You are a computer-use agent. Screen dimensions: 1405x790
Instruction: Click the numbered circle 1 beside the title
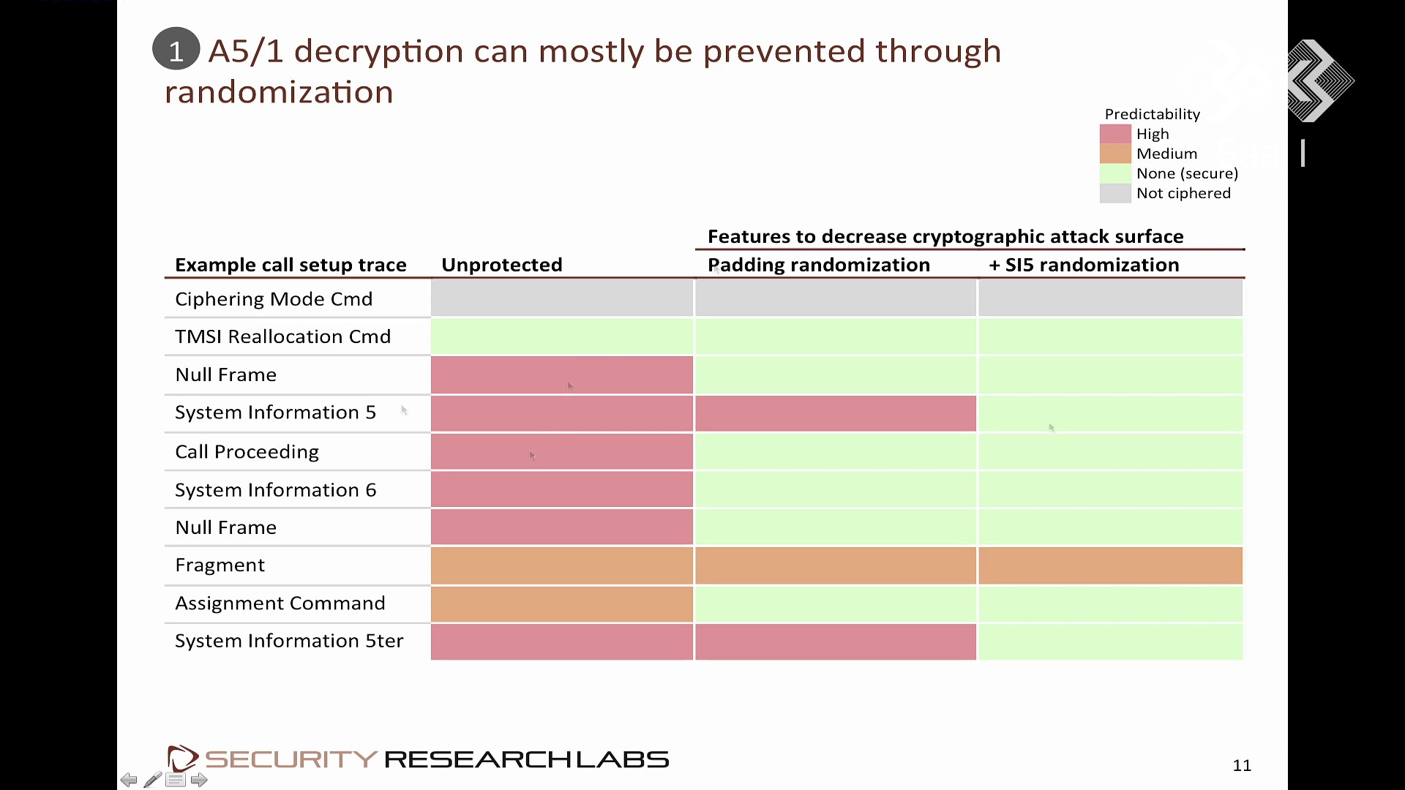click(x=176, y=49)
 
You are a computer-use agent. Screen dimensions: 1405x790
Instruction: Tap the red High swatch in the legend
click(x=1115, y=134)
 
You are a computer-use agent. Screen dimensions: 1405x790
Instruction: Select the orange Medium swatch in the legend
click(x=1115, y=154)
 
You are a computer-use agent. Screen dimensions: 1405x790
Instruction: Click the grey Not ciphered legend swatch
click(x=1115, y=193)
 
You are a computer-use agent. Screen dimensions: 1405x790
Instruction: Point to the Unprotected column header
click(x=502, y=265)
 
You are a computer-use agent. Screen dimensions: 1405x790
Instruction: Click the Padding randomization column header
click(x=819, y=265)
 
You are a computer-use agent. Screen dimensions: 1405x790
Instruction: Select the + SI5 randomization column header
click(x=1084, y=265)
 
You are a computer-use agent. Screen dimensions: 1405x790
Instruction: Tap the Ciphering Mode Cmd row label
click(x=274, y=299)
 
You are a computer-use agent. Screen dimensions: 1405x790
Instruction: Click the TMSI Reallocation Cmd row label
click(x=283, y=336)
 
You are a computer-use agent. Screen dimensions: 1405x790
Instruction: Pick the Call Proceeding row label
click(x=247, y=452)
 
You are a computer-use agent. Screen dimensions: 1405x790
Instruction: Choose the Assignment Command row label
click(x=280, y=603)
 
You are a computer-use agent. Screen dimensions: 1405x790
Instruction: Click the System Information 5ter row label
click(x=289, y=641)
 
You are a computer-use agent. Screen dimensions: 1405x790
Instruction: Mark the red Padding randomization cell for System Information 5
click(x=836, y=413)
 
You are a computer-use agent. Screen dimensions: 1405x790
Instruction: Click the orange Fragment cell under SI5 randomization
click(x=1111, y=565)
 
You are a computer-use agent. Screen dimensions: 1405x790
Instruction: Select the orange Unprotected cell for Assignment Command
click(x=562, y=603)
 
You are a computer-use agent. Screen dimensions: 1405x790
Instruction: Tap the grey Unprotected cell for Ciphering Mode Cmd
click(x=562, y=298)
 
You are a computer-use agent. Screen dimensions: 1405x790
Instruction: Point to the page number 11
click(x=1242, y=765)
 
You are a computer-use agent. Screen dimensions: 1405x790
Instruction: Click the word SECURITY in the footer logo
click(x=291, y=759)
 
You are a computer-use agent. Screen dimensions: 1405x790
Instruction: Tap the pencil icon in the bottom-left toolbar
click(x=152, y=780)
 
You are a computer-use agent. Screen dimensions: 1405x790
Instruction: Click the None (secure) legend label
click(x=1187, y=173)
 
